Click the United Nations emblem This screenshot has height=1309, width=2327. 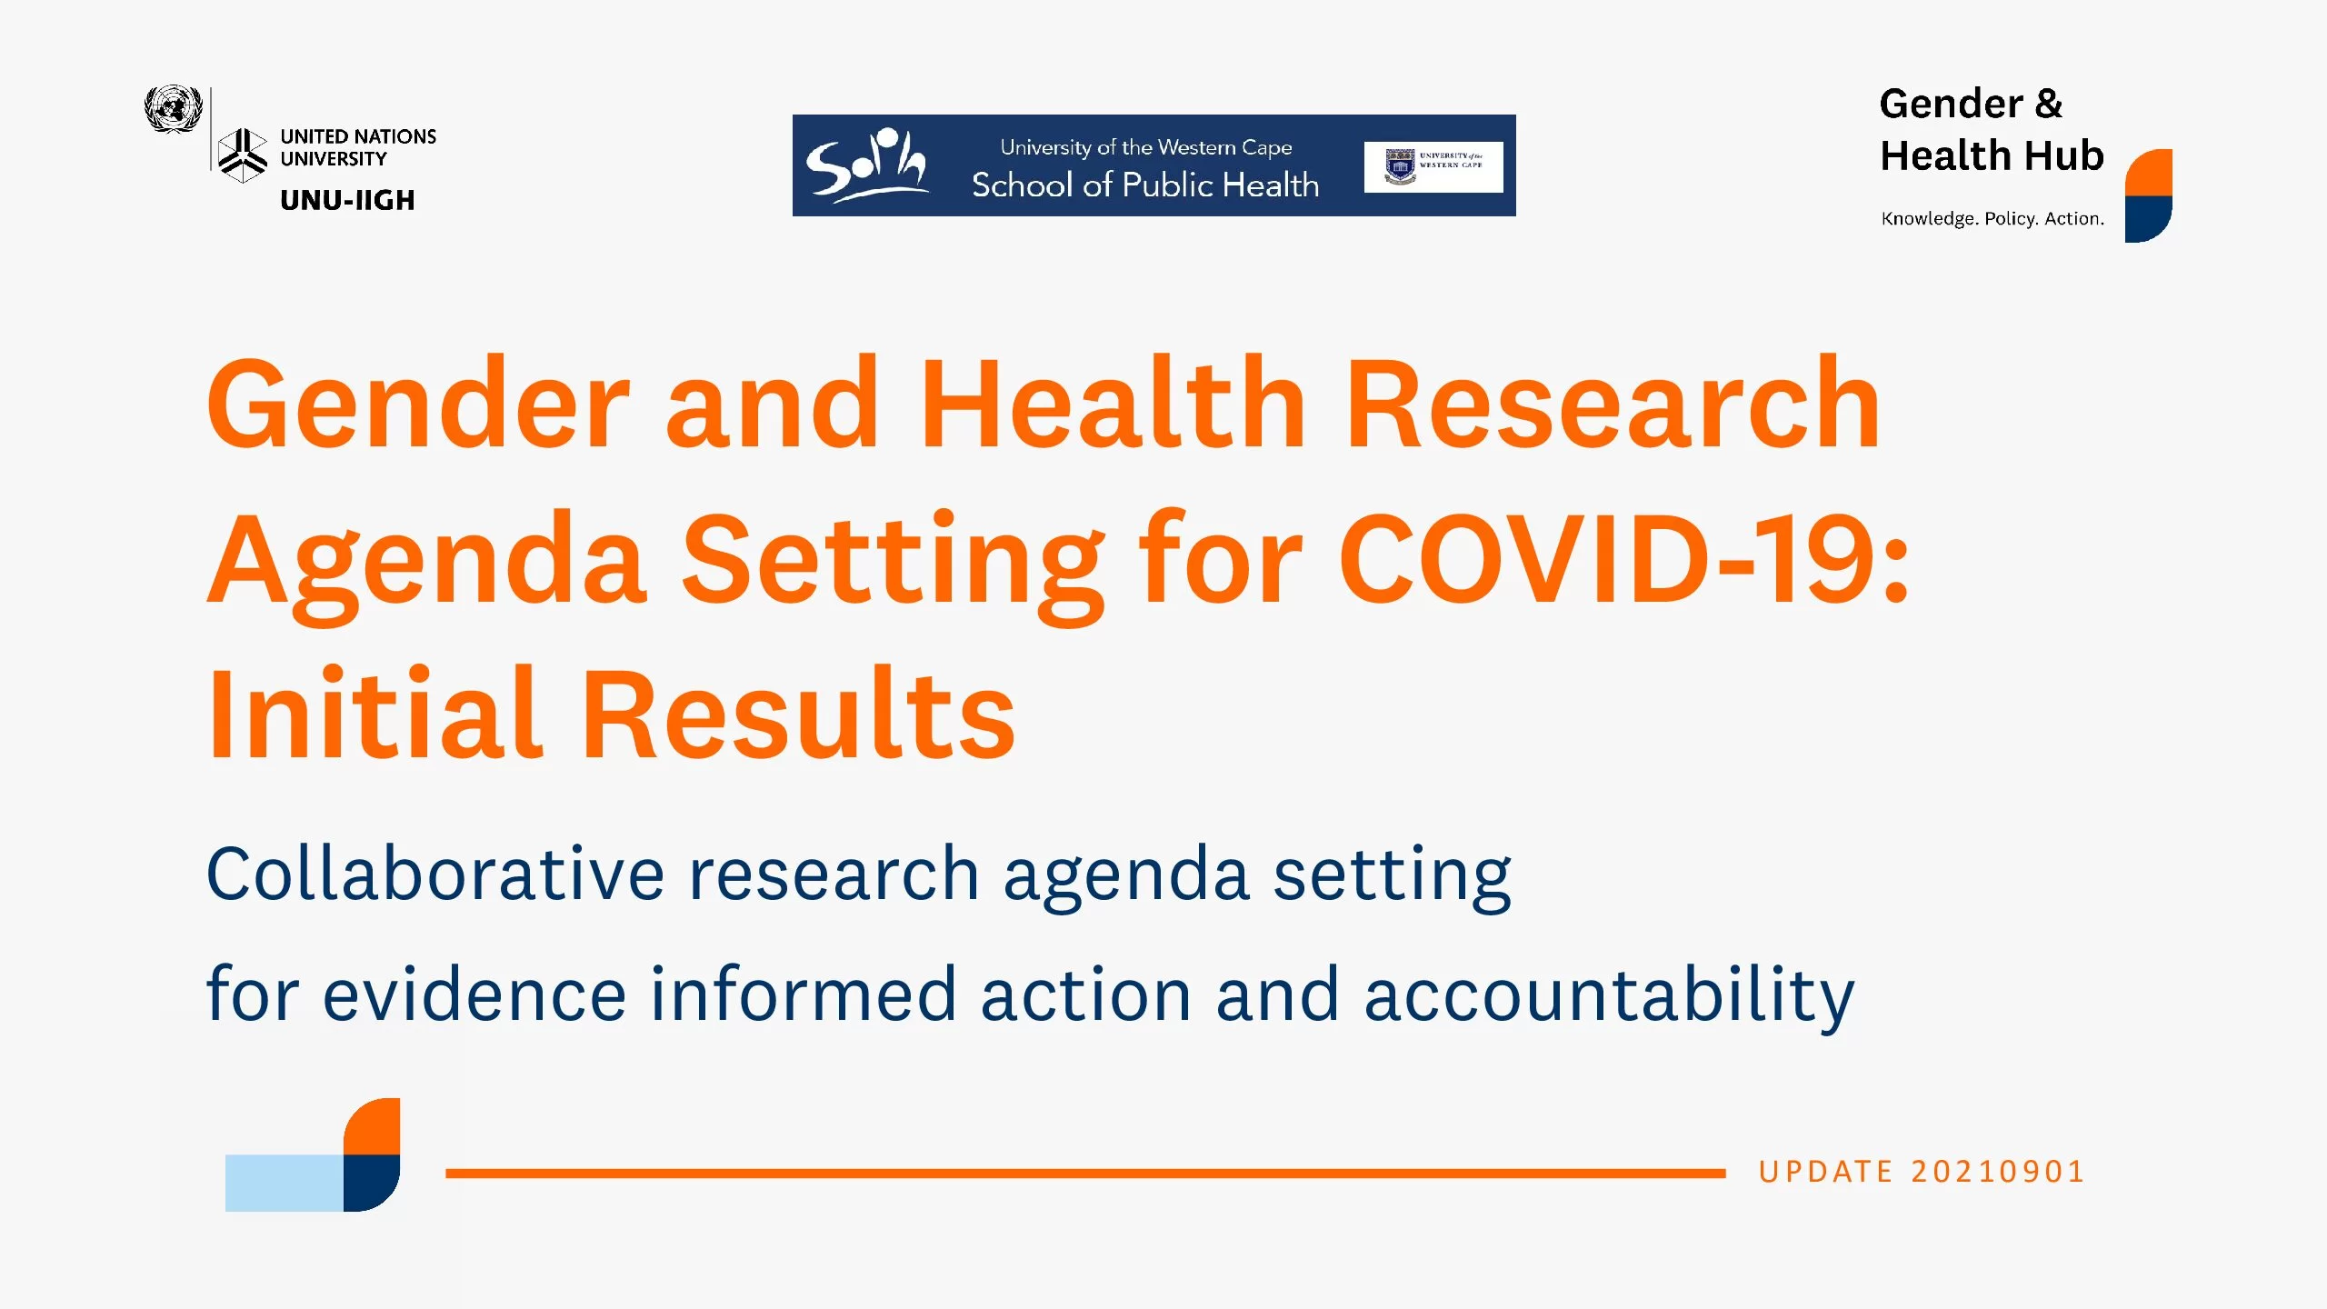tap(173, 109)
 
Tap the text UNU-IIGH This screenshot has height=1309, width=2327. tap(347, 200)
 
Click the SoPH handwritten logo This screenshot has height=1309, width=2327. tap(866, 165)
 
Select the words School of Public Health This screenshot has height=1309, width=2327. tap(1145, 185)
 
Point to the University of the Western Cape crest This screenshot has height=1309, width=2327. tap(1401, 167)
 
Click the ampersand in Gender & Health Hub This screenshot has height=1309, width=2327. tap(2049, 104)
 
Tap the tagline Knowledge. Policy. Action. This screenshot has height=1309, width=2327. tap(1992, 219)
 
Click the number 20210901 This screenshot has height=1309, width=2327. tap(1998, 1172)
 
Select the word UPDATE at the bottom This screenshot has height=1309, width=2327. tap(1825, 1172)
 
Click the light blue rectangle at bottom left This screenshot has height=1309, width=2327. tap(285, 1183)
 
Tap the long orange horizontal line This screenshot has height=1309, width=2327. tap(1085, 1174)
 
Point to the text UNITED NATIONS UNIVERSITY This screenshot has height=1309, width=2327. tap(358, 147)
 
